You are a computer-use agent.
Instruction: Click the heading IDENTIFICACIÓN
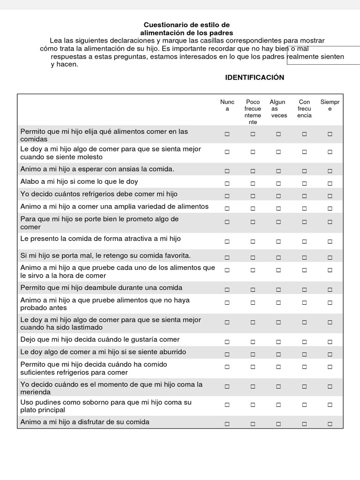255,77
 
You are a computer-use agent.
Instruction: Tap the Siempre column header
330,105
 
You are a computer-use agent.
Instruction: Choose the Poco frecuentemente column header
253,112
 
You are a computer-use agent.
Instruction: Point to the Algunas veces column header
278,109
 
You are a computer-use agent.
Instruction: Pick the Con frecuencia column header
304,109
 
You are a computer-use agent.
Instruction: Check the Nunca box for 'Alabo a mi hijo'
227,183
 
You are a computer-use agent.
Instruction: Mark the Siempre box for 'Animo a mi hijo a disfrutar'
330,424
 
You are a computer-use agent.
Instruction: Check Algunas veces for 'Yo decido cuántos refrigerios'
278,196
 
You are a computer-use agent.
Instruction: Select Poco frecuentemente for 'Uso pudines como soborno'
253,406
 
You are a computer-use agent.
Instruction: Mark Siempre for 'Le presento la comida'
330,241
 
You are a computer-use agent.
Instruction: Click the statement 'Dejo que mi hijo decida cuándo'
100,339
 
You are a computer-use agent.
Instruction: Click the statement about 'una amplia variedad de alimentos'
114,207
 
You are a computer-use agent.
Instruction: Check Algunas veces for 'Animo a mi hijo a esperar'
278,171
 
